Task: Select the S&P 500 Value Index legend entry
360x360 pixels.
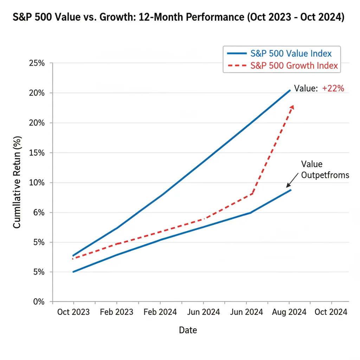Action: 291,54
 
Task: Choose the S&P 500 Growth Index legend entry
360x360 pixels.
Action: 294,65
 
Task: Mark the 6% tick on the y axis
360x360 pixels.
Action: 39,213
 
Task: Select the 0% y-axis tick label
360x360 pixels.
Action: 39,302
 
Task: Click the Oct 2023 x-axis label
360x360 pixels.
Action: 73,312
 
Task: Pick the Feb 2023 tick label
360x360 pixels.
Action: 117,312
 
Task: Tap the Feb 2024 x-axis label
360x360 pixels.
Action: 160,312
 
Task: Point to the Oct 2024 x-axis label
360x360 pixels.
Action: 331,312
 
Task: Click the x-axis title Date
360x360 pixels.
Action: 188,330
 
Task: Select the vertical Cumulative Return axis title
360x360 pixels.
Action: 17,182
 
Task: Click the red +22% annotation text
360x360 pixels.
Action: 333,89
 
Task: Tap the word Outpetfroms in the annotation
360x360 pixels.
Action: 325,175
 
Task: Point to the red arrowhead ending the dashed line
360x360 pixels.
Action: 292,108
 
